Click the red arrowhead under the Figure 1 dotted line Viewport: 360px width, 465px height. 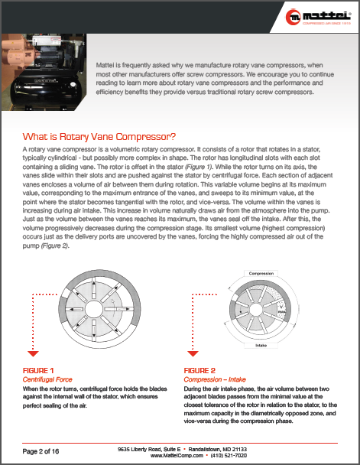click(x=32, y=353)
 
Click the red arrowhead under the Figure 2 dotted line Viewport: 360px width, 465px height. click(x=192, y=353)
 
